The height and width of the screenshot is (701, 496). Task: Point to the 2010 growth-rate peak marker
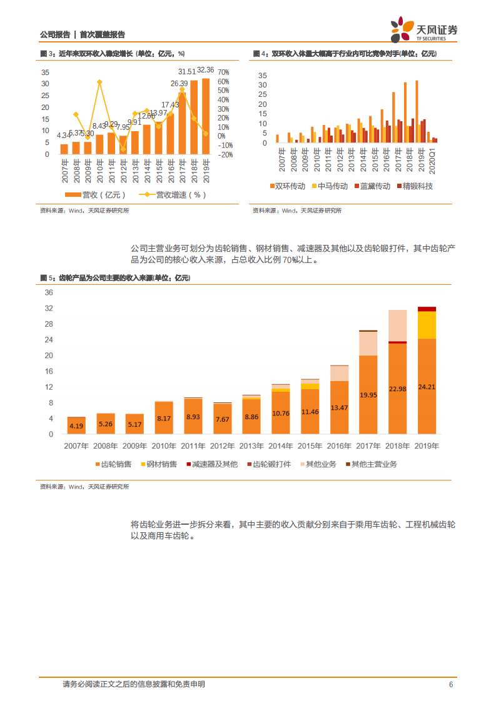(99, 82)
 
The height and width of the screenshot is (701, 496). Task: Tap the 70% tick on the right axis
(224, 72)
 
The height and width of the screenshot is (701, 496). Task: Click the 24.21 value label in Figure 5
(427, 387)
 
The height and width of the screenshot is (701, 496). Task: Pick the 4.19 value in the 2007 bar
(76, 426)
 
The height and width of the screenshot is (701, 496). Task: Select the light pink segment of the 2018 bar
(397, 326)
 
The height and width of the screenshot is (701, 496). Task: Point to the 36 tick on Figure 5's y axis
(49, 292)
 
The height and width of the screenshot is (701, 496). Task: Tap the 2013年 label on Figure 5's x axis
(251, 446)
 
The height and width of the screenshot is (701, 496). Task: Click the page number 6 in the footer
(450, 684)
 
